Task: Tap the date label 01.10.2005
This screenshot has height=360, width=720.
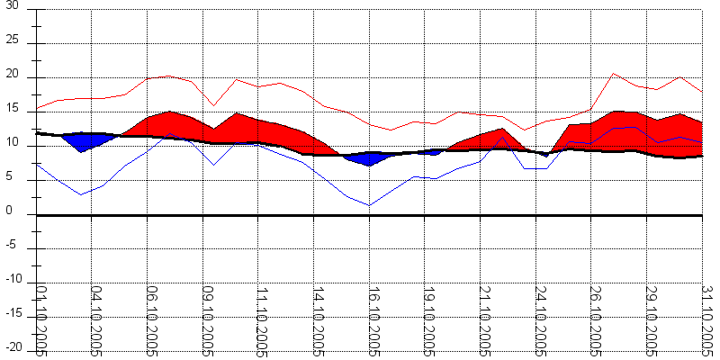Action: click(x=41, y=320)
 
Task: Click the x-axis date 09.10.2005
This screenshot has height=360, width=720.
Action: click(x=208, y=320)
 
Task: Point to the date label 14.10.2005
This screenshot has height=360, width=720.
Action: click(x=319, y=320)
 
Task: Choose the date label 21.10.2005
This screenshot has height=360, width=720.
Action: click(x=485, y=320)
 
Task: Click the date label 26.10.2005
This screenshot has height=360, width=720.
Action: click(x=596, y=320)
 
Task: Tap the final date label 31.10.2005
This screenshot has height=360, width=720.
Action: click(x=707, y=320)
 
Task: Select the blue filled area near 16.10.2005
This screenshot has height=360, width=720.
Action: click(x=368, y=158)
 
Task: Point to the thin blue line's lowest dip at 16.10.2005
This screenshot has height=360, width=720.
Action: click(x=369, y=205)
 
